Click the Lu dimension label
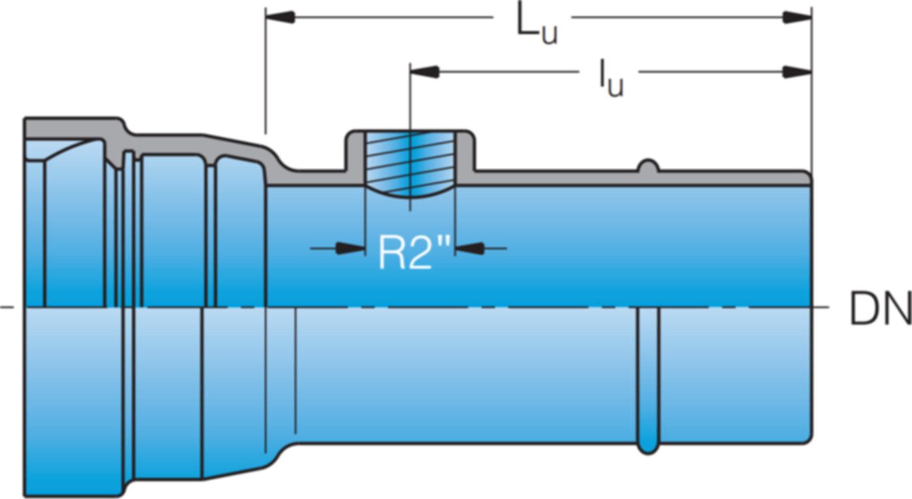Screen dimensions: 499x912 tap(536, 25)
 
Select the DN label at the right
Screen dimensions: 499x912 tap(879, 309)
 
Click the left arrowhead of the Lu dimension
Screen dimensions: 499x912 tap(279, 18)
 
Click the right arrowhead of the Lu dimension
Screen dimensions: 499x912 tap(797, 18)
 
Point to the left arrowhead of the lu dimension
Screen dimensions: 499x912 tap(424, 72)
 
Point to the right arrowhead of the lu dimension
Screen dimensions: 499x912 tap(797, 72)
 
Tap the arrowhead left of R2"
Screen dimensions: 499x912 tap(350, 248)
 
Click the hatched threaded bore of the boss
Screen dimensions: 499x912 tap(410, 163)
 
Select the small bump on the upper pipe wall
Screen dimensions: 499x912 tap(647, 165)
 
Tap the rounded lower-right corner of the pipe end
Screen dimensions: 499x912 tap(807, 438)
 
